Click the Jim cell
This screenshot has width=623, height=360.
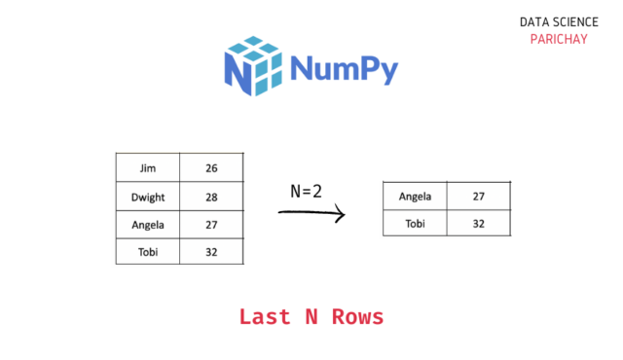pyautogui.click(x=148, y=168)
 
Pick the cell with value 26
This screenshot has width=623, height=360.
pyautogui.click(x=211, y=168)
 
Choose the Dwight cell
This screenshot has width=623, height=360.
pyautogui.click(x=148, y=197)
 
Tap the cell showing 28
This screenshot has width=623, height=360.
pyautogui.click(x=211, y=197)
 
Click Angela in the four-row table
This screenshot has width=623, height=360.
pyautogui.click(x=148, y=225)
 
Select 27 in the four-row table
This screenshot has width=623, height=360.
pyautogui.click(x=211, y=225)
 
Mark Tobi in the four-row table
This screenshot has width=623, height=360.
pyautogui.click(x=148, y=252)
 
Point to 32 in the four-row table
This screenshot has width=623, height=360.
pyautogui.click(x=211, y=252)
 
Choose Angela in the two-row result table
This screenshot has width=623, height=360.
pyautogui.click(x=416, y=197)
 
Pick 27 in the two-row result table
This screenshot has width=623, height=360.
pyautogui.click(x=479, y=197)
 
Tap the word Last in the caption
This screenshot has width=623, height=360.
pyautogui.click(x=265, y=317)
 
